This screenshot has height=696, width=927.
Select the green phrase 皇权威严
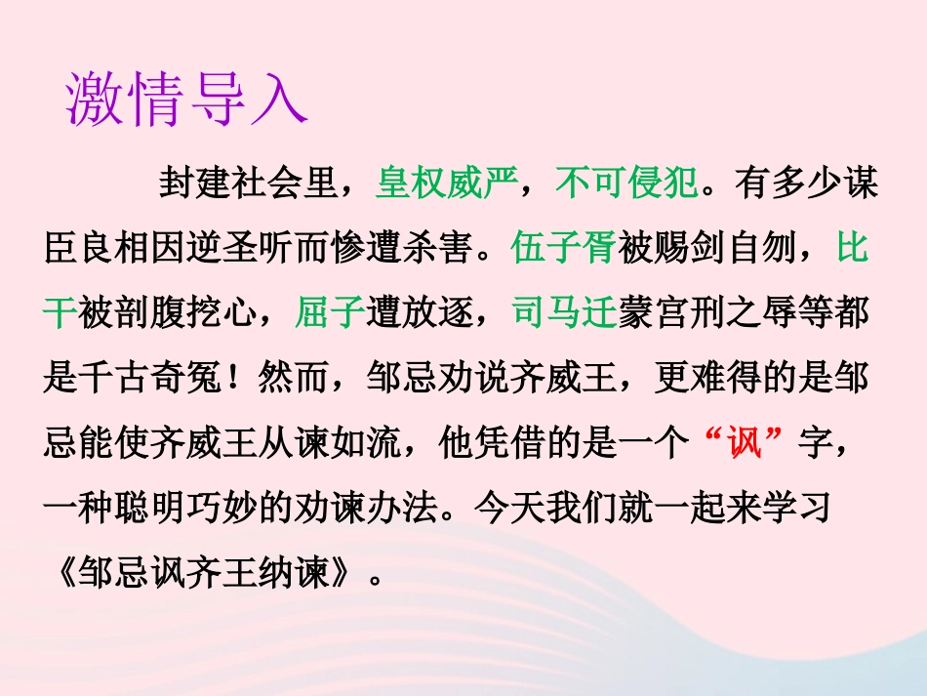click(440, 184)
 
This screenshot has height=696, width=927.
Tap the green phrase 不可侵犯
click(625, 184)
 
